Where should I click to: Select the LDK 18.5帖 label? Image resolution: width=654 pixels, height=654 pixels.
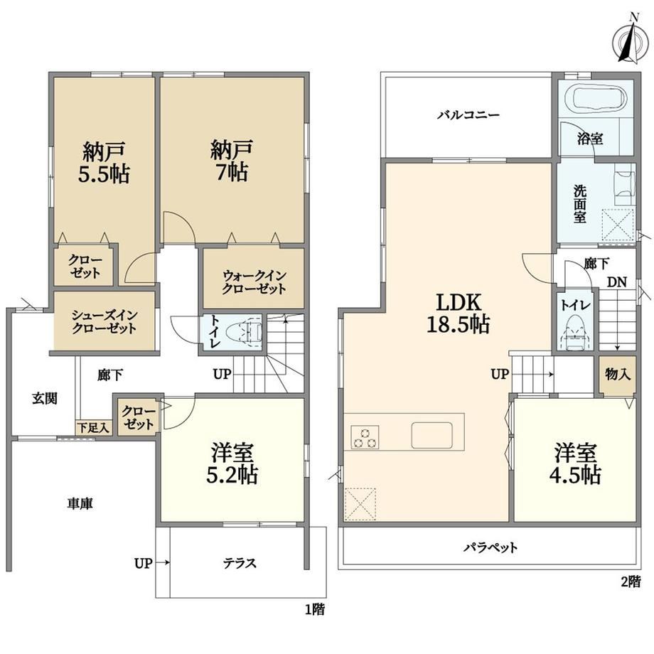(x=458, y=313)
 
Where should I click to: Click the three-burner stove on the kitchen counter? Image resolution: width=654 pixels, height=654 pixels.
(x=365, y=437)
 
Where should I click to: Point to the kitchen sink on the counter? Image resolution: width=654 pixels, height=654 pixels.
(x=431, y=436)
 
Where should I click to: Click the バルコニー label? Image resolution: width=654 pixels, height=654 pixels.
(x=468, y=114)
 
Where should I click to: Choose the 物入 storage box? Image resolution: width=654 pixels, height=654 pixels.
(x=618, y=375)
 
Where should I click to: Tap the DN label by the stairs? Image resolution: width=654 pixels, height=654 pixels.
(x=616, y=282)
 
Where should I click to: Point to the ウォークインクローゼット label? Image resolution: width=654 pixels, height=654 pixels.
(x=254, y=282)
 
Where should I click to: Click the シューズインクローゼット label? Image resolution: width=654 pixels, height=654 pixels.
(x=104, y=321)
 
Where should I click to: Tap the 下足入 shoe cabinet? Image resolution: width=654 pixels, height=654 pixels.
(x=93, y=427)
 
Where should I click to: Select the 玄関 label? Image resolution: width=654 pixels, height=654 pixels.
(x=45, y=399)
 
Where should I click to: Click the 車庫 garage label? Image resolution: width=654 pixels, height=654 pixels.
(x=80, y=504)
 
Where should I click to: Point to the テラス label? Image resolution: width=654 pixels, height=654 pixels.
(x=240, y=563)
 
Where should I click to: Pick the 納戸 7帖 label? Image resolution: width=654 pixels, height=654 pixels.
(x=231, y=160)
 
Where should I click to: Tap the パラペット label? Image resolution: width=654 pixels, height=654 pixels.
(x=490, y=547)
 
